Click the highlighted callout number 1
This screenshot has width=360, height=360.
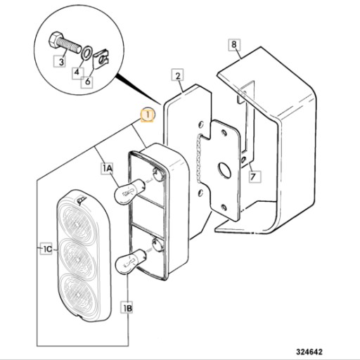[147, 115]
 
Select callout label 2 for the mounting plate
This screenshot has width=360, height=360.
[178, 75]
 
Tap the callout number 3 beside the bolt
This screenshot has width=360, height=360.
[60, 62]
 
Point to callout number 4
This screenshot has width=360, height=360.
[77, 72]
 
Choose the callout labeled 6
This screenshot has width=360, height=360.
[87, 82]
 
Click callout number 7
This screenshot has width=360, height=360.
[254, 176]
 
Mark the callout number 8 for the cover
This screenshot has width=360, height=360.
[234, 44]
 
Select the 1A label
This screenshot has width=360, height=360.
[107, 168]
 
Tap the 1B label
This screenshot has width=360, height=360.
[127, 308]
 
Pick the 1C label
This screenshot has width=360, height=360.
[46, 250]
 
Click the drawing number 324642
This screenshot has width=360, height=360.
[309, 352]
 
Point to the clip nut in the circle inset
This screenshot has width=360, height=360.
[101, 60]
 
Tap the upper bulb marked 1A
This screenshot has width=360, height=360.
[129, 191]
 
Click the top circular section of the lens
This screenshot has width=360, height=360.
[77, 222]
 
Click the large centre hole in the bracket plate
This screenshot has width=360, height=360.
[224, 169]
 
